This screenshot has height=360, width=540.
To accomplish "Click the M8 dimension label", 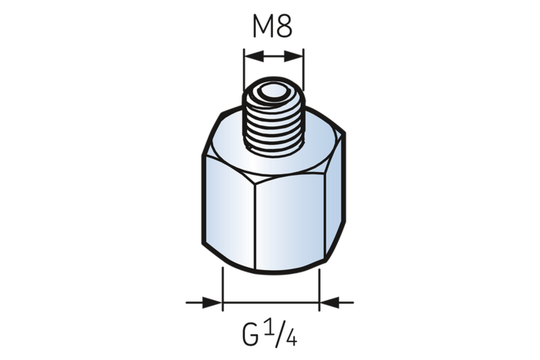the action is tap(272, 26).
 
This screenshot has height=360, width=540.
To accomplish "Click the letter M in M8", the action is tap(263, 26).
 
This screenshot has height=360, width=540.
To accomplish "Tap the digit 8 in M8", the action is tap(284, 26).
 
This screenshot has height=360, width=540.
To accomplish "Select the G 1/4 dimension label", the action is tap(270, 334).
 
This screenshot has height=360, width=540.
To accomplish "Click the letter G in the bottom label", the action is tap(251, 336).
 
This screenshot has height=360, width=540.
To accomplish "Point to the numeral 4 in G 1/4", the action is tap(291, 338).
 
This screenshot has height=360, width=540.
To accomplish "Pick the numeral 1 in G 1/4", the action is tap(271, 330).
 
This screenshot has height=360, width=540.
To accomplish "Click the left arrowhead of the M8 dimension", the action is tap(254, 56).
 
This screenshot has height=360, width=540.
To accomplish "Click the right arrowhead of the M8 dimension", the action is tap(294, 56).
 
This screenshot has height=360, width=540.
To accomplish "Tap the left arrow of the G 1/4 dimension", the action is tap(204, 302).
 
